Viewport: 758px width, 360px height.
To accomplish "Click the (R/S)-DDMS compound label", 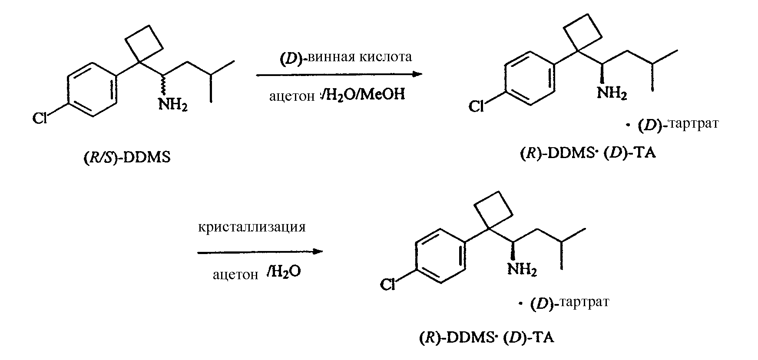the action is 126,157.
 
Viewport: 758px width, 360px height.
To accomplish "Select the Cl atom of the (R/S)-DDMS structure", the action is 40,118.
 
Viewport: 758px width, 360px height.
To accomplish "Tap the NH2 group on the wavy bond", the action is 173,104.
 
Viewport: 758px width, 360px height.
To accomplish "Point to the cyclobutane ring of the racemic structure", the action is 144,44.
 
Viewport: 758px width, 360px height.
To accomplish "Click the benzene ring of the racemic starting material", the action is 93,89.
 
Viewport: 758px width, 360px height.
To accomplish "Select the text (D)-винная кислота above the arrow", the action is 345,57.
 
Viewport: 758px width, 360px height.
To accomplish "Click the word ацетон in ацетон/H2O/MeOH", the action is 291,96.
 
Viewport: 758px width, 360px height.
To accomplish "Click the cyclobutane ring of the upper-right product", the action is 583,32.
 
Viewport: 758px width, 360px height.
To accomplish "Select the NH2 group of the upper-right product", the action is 612,93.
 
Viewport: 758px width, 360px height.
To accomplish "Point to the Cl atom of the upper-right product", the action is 476,106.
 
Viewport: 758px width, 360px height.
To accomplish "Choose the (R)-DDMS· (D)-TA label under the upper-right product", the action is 587,154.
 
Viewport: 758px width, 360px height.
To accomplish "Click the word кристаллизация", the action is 252,227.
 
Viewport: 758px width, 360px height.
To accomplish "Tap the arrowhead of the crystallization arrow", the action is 318,251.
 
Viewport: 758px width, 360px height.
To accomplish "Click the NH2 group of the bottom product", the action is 522,271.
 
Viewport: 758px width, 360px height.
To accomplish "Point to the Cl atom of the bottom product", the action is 387,284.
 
